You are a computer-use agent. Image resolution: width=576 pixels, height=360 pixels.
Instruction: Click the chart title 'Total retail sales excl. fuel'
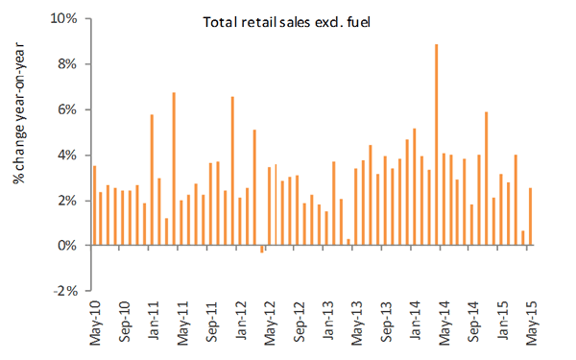(x=286, y=22)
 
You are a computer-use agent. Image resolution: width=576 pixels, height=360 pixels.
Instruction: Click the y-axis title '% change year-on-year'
(x=18, y=113)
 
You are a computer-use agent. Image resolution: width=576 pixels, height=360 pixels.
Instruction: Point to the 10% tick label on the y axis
(x=64, y=18)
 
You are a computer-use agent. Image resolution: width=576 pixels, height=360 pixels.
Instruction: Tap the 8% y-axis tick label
(x=67, y=64)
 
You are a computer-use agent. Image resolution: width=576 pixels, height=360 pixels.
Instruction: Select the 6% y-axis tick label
(x=67, y=109)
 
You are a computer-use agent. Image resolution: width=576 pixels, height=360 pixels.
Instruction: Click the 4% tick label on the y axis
(x=67, y=156)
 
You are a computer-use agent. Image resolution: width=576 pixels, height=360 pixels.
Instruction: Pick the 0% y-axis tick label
(x=67, y=245)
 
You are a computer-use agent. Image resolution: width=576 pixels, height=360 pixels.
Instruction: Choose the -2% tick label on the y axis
(x=65, y=291)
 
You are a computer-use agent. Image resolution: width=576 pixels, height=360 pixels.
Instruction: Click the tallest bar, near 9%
(x=437, y=144)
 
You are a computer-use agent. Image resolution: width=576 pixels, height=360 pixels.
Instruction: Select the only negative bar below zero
(x=262, y=249)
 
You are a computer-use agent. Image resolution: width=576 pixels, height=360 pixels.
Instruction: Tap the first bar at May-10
(x=94, y=205)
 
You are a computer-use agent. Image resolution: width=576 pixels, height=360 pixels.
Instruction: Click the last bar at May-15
(x=531, y=216)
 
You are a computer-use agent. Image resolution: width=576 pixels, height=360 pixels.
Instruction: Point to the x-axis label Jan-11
(x=154, y=321)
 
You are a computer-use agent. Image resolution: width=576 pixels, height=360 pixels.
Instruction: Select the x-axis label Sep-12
(x=300, y=323)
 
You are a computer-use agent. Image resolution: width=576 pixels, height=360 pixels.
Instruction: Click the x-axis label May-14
(x=444, y=324)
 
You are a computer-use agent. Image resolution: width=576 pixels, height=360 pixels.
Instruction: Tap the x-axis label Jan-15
(x=502, y=321)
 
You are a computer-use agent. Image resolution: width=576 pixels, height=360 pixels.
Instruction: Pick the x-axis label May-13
(x=357, y=324)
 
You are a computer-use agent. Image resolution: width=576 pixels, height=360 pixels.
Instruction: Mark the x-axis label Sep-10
(x=125, y=323)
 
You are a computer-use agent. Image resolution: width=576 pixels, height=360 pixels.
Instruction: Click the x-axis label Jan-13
(x=328, y=321)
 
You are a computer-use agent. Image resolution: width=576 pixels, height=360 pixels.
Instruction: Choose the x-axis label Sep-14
(x=474, y=323)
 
